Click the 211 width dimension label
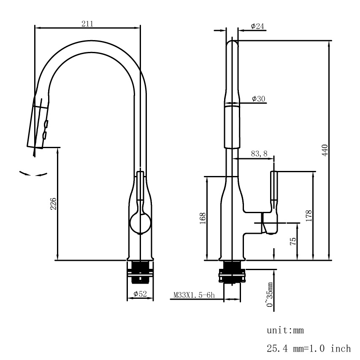pyautogui.click(x=87, y=24)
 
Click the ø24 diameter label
pyautogui.click(x=257, y=26)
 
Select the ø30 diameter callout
pyautogui.click(x=258, y=98)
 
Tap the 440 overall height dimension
pyautogui.click(x=325, y=150)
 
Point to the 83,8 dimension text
pyautogui.click(x=259, y=154)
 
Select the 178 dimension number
pyautogui.click(x=309, y=216)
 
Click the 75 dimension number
pyautogui.click(x=293, y=241)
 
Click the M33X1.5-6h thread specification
pyautogui.click(x=195, y=295)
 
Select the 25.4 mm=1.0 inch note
pyautogui.click(x=309, y=349)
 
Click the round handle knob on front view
pyautogui.click(x=140, y=222)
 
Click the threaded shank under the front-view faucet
pyautogui.click(x=140, y=270)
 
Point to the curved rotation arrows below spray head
pyautogui.click(x=32, y=173)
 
